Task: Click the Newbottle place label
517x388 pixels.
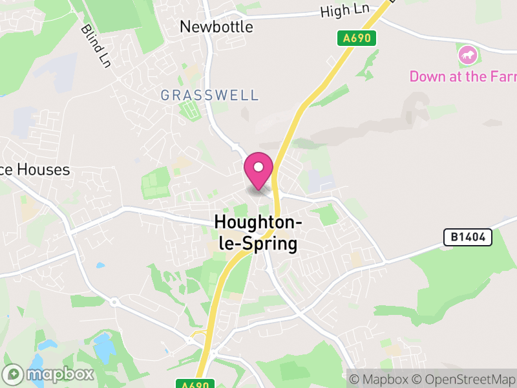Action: pyautogui.click(x=216, y=27)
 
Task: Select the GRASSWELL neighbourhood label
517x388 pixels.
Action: pyautogui.click(x=209, y=95)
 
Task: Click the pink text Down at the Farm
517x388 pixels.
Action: pyautogui.click(x=463, y=76)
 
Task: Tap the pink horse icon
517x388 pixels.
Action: pyautogui.click(x=467, y=56)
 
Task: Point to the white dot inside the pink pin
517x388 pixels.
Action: pyautogui.click(x=258, y=167)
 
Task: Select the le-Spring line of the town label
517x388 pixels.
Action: pyautogui.click(x=256, y=244)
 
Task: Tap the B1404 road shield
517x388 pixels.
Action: pyautogui.click(x=468, y=238)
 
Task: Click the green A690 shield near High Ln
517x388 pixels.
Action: pyautogui.click(x=357, y=38)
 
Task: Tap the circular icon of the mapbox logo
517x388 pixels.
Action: pyautogui.click(x=14, y=374)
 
